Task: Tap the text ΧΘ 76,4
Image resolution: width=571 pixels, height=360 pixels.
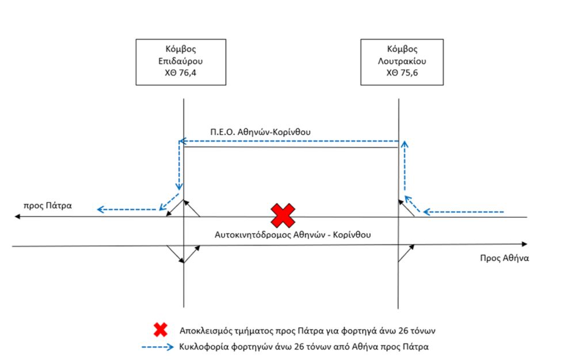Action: click(181, 73)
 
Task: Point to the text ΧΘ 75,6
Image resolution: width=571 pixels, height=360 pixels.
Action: click(402, 73)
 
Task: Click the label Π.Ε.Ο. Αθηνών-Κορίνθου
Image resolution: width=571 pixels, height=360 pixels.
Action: click(260, 132)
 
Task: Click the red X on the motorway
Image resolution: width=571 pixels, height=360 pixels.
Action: click(283, 215)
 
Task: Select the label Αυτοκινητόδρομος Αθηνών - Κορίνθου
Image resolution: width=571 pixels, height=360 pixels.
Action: click(293, 234)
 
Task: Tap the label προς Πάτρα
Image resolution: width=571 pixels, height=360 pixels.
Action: click(48, 206)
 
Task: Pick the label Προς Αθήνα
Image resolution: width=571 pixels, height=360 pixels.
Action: click(504, 258)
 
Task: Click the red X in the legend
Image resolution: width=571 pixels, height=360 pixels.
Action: click(160, 329)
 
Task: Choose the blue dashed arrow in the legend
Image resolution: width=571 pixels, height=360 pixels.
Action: click(158, 347)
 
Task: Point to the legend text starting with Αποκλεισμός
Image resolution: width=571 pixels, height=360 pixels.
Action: click(307, 331)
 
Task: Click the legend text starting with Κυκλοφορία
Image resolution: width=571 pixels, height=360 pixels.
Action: click(304, 347)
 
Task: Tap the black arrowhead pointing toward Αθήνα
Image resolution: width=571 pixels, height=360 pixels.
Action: click(524, 244)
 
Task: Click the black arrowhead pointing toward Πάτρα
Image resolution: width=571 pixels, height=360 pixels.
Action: click(17, 217)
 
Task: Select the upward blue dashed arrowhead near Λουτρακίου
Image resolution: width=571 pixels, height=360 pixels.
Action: click(404, 145)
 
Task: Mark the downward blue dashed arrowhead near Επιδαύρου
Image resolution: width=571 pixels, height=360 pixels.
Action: click(179, 187)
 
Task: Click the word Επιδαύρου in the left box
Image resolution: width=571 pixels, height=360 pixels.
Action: click(181, 61)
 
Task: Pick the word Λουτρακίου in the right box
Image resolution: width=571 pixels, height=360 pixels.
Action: click(402, 61)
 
